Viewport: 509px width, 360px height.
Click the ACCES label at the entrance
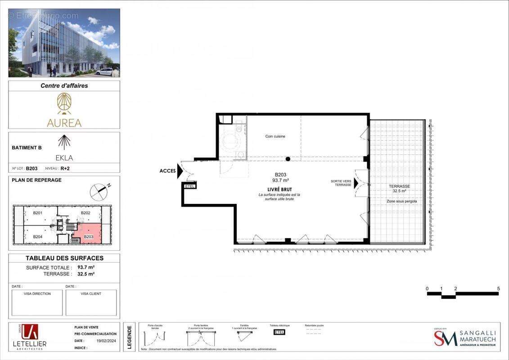(168, 171)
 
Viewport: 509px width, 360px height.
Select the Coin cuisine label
(275, 136)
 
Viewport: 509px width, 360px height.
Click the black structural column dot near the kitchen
(288, 159)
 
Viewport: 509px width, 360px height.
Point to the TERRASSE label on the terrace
(400, 186)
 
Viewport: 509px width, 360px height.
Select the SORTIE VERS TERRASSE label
(341, 183)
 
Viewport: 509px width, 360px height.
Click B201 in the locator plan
(37, 213)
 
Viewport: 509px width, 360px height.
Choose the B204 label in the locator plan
(37, 236)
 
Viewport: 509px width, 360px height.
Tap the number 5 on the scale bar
(498, 288)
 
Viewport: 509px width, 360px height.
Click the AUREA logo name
(64, 123)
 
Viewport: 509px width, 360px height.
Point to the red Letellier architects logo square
(30, 332)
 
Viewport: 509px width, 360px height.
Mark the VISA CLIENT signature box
(91, 302)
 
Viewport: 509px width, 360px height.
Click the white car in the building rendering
(105, 72)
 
